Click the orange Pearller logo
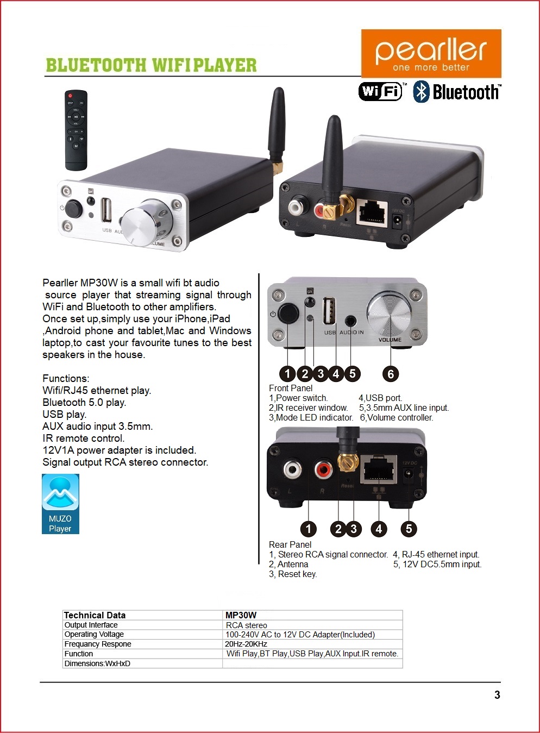(x=431, y=53)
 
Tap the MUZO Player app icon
(x=60, y=504)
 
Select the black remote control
(x=76, y=130)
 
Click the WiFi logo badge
(x=380, y=91)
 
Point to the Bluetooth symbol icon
(x=421, y=92)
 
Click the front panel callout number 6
(x=391, y=374)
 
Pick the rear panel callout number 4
(x=379, y=529)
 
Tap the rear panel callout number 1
(x=309, y=529)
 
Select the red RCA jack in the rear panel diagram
(x=324, y=470)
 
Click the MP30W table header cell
(x=312, y=615)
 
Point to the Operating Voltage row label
(x=94, y=634)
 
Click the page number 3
(x=497, y=695)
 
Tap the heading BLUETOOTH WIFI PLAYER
(x=152, y=65)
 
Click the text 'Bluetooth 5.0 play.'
(x=84, y=402)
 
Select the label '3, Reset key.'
(x=293, y=574)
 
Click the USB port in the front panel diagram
(x=329, y=311)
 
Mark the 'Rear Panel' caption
(x=290, y=544)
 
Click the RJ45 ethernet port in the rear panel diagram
(x=379, y=469)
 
